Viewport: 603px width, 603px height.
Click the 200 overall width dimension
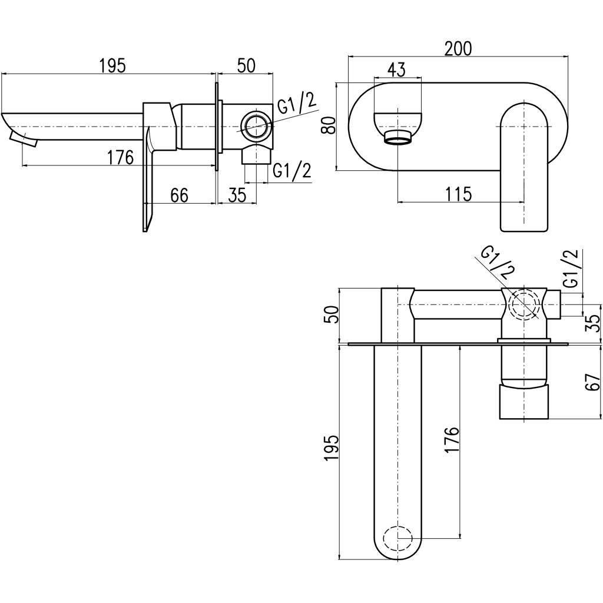coord(458,48)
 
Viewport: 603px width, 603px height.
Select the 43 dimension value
coord(397,69)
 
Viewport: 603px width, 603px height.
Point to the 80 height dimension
coord(329,125)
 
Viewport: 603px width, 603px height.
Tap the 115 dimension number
coord(459,194)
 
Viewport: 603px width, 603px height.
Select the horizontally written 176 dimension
coord(121,157)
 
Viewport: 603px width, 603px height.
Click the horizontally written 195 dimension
coord(112,65)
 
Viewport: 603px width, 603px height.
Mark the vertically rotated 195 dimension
coord(331,450)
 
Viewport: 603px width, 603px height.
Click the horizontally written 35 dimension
coord(237,195)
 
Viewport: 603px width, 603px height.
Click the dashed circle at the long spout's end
coord(397,538)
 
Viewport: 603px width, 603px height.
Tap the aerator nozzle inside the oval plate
coord(398,138)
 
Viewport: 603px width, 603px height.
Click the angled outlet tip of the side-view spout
coord(23,140)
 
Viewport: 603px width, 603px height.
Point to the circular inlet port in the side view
coord(256,126)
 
